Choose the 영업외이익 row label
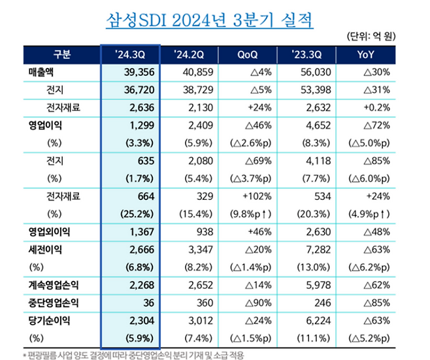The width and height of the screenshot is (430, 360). [50, 231]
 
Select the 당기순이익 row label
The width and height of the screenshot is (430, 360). [50, 321]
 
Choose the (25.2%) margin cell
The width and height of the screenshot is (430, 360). [135, 213]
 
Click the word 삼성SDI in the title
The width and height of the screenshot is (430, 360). [139, 18]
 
